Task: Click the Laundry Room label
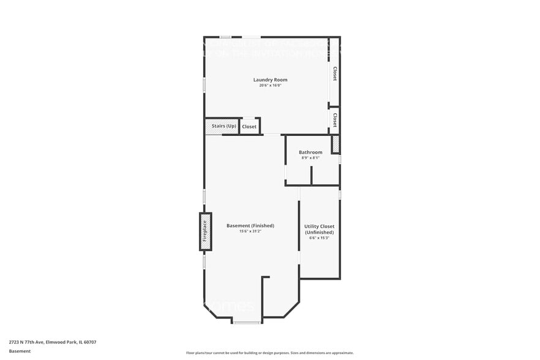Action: point(270,80)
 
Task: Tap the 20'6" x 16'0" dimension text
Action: point(270,86)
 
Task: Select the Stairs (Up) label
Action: point(223,126)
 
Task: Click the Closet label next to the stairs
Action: point(249,127)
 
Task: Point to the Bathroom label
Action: point(310,152)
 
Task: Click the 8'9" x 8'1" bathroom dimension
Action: point(310,158)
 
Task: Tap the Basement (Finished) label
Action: point(250,225)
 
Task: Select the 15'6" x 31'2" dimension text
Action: point(250,231)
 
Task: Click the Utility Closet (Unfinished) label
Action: point(319,229)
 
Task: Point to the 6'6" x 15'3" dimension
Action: point(319,238)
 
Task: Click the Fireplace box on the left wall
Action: point(206,231)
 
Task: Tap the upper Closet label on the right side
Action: point(335,74)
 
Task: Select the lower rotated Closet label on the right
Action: point(335,119)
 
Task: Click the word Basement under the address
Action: point(20,351)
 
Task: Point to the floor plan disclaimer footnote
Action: point(269,353)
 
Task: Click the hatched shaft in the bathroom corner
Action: point(336,144)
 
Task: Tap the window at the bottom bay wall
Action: point(247,322)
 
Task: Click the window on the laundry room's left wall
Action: point(204,84)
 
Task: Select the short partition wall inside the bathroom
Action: point(311,175)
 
